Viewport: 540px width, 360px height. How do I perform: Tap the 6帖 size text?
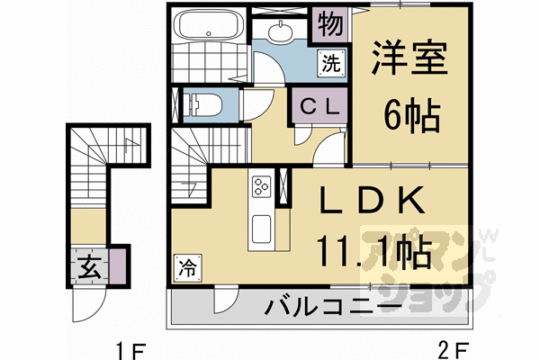click(409, 115)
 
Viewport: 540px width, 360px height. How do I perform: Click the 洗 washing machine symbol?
click(331, 64)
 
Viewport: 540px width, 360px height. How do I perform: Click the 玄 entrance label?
click(89, 267)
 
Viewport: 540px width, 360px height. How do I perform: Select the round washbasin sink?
click(281, 32)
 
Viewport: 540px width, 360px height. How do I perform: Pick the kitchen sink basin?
click(262, 228)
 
